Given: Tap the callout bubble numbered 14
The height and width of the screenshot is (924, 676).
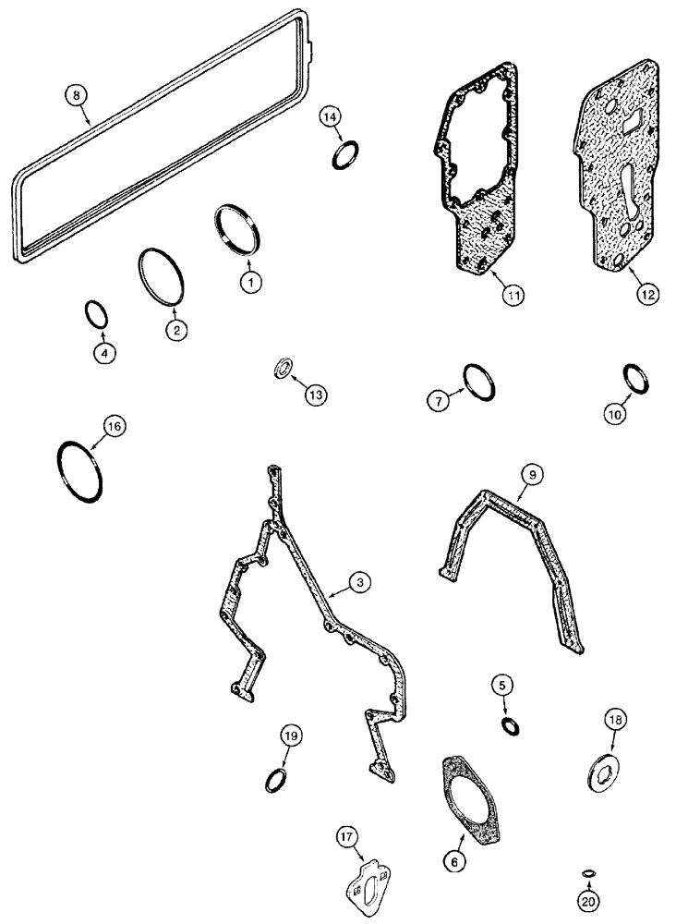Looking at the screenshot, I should pyautogui.click(x=332, y=116).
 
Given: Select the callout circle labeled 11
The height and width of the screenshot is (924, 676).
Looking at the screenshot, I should pyautogui.click(x=513, y=295).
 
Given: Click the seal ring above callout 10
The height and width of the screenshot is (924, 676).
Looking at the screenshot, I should pyautogui.click(x=639, y=378).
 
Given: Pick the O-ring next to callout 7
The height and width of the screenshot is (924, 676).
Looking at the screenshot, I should pyautogui.click(x=480, y=382).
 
